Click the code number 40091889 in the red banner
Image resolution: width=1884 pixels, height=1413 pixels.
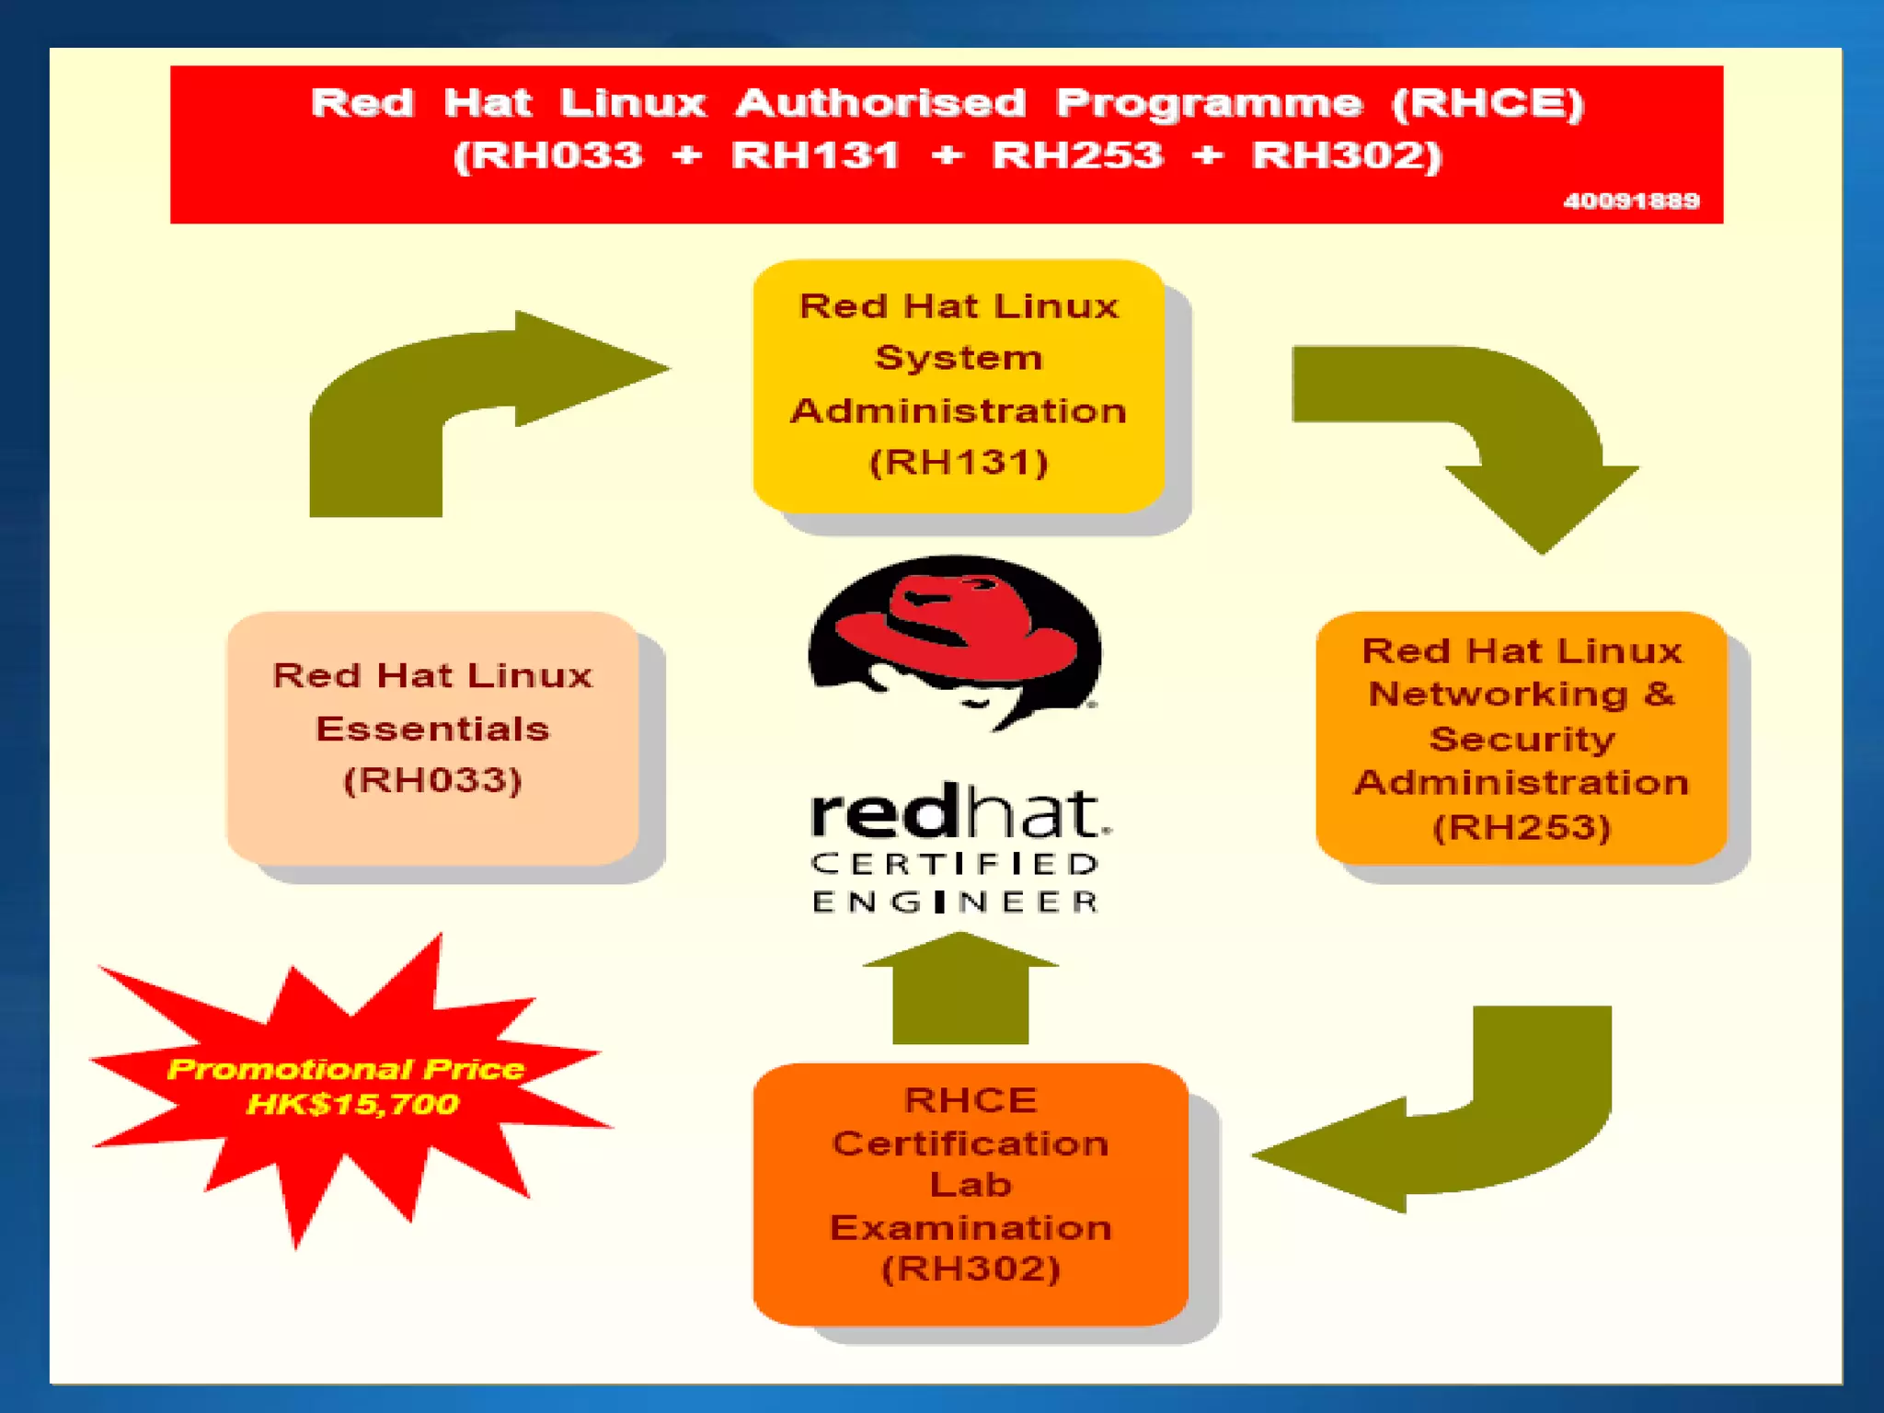[1631, 201]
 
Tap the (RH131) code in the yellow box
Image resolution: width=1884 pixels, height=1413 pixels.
[959, 462]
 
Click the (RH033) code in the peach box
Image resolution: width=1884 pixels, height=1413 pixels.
[432, 780]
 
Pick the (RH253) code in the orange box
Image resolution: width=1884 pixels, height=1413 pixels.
[1522, 826]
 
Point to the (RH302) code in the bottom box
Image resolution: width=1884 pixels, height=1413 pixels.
[971, 1269]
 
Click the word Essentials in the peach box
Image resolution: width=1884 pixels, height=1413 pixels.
[432, 729]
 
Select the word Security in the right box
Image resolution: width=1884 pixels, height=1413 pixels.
[1522, 739]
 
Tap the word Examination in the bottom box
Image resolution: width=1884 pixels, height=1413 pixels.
[971, 1227]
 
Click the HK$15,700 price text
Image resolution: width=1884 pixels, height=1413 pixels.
[352, 1103]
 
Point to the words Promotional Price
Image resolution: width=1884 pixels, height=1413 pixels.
[346, 1069]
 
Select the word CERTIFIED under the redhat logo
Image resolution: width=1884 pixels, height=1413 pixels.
[955, 864]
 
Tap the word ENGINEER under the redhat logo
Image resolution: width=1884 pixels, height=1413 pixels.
[955, 902]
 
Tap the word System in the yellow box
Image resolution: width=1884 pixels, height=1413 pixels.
[959, 358]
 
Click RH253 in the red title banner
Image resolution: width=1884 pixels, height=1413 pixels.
[1077, 155]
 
